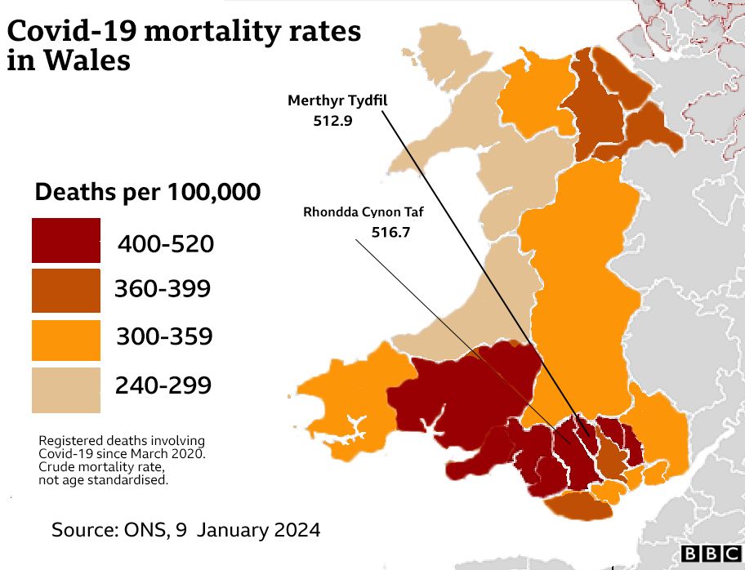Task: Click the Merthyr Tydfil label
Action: coord(337,100)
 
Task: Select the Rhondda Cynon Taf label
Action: coord(364,213)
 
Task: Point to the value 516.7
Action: coord(390,233)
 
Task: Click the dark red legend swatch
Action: coord(66,240)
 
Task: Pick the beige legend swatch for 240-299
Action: coord(66,390)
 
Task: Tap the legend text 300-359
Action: coord(164,336)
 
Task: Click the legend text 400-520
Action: coord(166,243)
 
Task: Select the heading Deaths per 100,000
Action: coord(148,194)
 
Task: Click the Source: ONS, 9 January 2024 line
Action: coord(186,529)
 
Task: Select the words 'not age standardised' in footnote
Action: coord(103,480)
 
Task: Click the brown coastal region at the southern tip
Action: coord(575,505)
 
